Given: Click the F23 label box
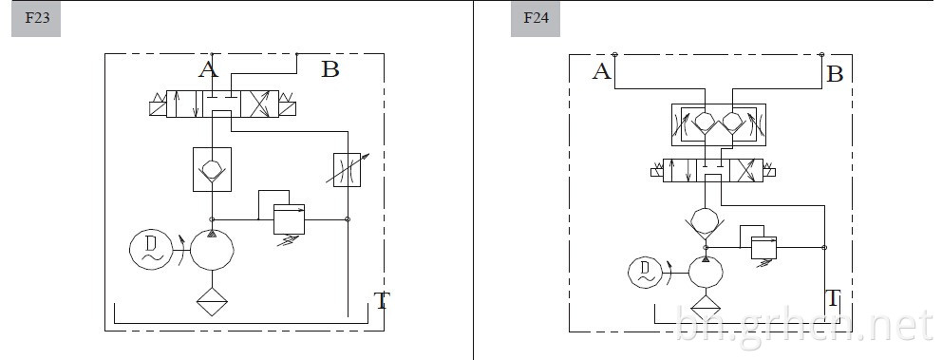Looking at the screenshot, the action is tap(36, 19).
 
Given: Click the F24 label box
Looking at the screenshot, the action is tap(536, 19).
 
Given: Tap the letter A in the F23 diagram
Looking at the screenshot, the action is tap(209, 69).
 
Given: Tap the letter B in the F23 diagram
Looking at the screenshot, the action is tap(330, 69).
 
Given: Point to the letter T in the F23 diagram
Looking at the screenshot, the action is tap(382, 300).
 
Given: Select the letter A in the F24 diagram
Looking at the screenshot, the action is tap(601, 72).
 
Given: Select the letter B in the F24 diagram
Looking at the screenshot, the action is tap(835, 74).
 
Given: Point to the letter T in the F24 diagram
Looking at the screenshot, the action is tap(833, 297).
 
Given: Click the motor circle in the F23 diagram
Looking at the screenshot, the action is tap(151, 250).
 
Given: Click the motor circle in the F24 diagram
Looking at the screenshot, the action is tap(645, 273).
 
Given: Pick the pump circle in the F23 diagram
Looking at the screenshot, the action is tap(212, 250).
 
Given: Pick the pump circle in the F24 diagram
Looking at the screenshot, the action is tap(706, 273).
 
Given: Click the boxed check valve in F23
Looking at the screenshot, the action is tap(212, 169).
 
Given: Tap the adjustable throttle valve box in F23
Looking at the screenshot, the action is tap(348, 170).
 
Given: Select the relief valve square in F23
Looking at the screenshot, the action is tap(289, 219).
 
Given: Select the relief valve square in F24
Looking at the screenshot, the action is tap(763, 248).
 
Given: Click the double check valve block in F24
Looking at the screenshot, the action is tap(719, 125).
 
